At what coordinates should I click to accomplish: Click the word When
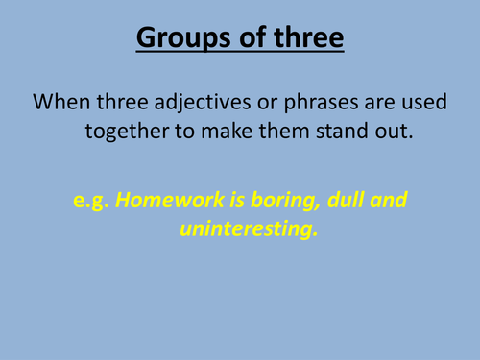[61, 101]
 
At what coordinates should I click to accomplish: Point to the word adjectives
[193, 101]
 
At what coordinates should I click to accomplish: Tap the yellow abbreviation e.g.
[93, 203]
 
